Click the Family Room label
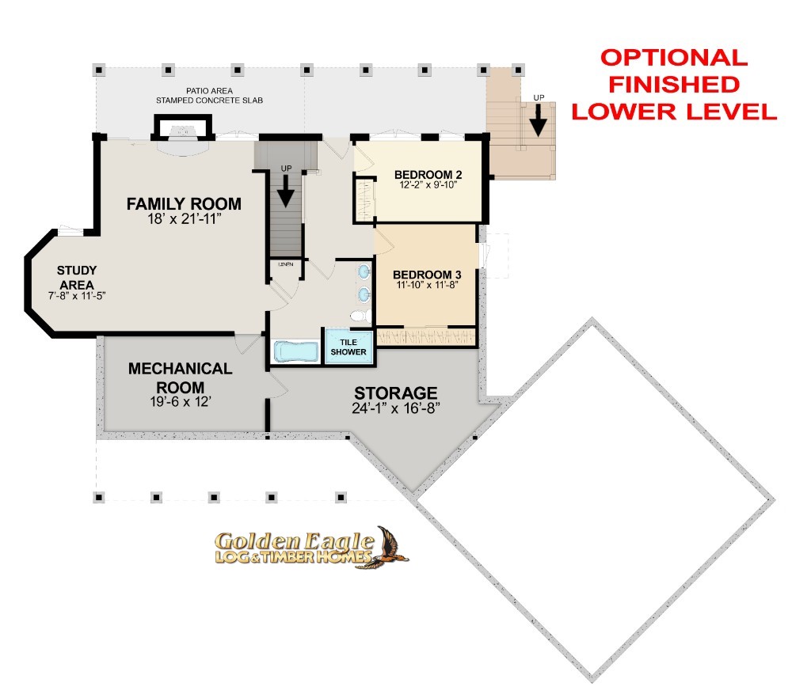coord(184,204)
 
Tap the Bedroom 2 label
coord(428,175)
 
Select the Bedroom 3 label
coord(427,275)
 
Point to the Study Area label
coord(77,278)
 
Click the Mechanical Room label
coord(181,378)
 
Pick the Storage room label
coord(395,393)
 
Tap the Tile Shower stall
coord(348,347)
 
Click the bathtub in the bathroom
coord(296,351)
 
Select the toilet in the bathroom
coord(360,317)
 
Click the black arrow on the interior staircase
coord(285,191)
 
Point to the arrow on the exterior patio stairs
coord(539,119)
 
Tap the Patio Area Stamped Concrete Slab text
coord(209,96)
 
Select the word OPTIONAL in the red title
coord(674,58)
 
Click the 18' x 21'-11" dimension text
coord(184,219)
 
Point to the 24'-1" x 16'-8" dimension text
coord(395,408)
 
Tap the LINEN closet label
coord(286,264)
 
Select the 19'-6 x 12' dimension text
coord(181,402)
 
